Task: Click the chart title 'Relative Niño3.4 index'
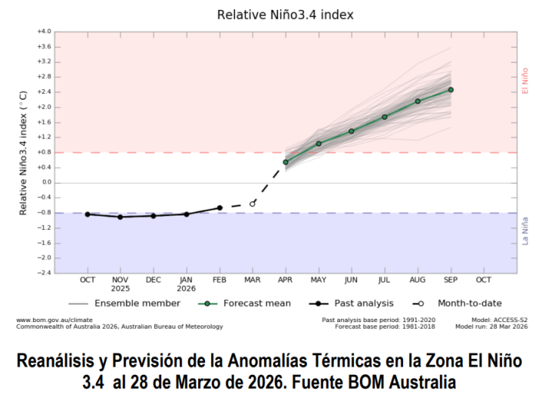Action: (285, 14)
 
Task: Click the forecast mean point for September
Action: (451, 89)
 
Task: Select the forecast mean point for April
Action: (285, 162)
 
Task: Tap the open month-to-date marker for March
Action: (253, 203)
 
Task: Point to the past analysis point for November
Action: (120, 217)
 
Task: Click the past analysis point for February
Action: (219, 208)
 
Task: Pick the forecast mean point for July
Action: (384, 116)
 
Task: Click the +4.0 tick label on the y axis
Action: (43, 32)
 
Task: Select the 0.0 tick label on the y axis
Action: (45, 182)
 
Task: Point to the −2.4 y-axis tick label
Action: (44, 273)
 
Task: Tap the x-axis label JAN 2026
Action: (186, 283)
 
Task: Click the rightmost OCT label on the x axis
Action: (483, 280)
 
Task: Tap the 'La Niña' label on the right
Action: (525, 230)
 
